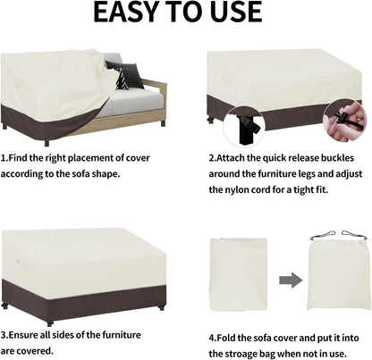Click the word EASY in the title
(x=125, y=13)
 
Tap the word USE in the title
(x=234, y=13)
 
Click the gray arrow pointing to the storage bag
(x=291, y=280)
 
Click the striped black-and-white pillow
(x=122, y=80)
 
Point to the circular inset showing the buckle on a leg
(x=243, y=127)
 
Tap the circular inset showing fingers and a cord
(x=346, y=121)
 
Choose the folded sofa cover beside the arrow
(x=239, y=274)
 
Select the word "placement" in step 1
(x=90, y=158)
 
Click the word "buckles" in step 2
(x=337, y=158)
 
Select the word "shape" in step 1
(x=105, y=174)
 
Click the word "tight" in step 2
(x=303, y=189)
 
